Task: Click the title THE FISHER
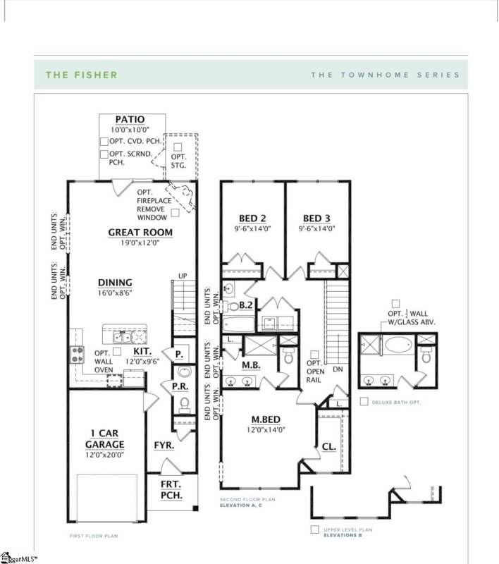click(82, 75)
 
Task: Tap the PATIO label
click(130, 120)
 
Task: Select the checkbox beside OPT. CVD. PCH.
click(104, 142)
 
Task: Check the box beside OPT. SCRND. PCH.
click(104, 154)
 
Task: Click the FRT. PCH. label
click(171, 491)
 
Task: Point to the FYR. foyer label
click(164, 446)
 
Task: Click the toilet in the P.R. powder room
click(185, 404)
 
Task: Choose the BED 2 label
click(251, 218)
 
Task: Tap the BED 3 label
click(318, 218)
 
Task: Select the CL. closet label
click(328, 446)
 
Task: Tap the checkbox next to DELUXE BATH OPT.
click(363, 402)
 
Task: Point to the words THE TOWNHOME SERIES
click(385, 75)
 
